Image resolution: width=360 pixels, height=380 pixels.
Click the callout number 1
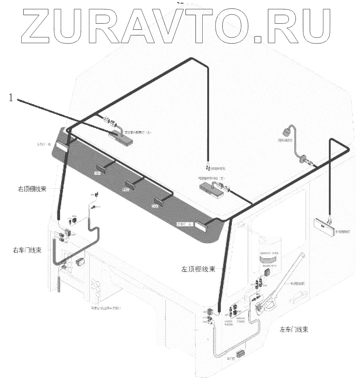[11, 98]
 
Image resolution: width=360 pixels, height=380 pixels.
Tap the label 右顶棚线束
[32, 188]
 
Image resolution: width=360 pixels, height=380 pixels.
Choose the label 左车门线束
[294, 329]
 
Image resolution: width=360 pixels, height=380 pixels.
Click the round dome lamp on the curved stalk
[286, 133]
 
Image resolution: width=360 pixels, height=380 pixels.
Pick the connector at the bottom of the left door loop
[240, 354]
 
